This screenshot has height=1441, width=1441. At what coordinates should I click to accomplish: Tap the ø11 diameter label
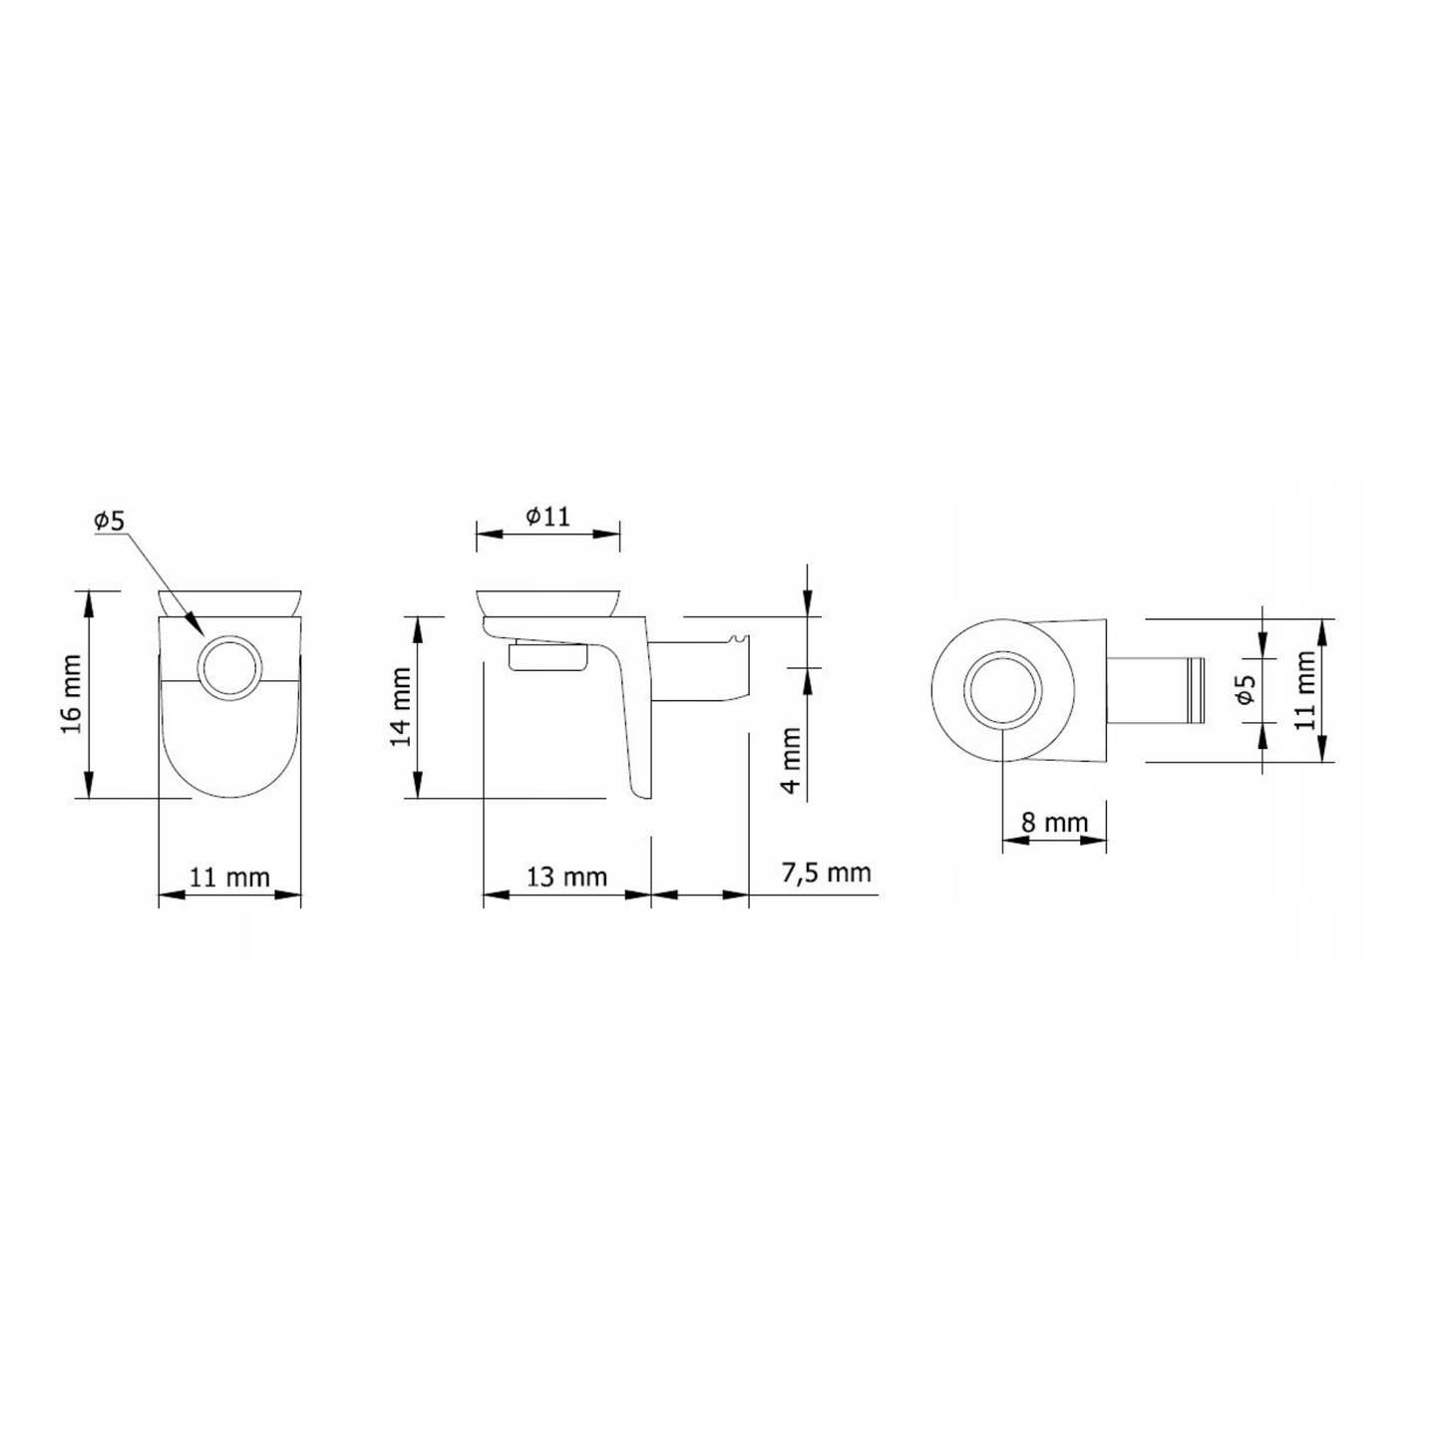click(x=547, y=516)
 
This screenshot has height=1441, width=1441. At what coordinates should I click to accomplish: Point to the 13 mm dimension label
click(x=566, y=877)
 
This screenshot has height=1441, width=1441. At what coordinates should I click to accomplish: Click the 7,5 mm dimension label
click(x=826, y=873)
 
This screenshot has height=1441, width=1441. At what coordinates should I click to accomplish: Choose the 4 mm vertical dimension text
click(x=790, y=760)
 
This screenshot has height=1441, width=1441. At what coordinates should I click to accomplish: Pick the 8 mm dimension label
click(x=1053, y=823)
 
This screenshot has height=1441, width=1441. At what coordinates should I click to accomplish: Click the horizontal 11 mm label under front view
click(x=229, y=877)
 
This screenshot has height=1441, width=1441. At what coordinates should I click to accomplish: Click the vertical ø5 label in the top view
click(x=1244, y=690)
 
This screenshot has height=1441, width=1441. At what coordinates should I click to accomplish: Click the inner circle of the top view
click(x=1003, y=690)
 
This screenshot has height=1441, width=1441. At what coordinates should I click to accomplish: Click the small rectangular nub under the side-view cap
click(x=545, y=659)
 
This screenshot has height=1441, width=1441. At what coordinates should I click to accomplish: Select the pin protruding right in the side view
click(x=698, y=668)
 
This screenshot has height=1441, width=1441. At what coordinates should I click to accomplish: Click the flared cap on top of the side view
click(x=547, y=602)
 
